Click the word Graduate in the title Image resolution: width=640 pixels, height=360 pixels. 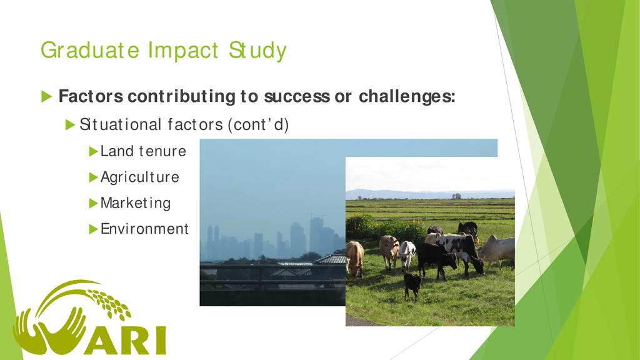click(x=90, y=51)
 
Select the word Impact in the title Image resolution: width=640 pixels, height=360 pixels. click(x=183, y=51)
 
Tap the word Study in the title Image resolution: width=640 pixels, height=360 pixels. click(x=257, y=51)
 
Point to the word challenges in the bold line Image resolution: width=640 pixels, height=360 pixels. click(x=407, y=97)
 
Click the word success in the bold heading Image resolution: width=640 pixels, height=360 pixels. click(x=297, y=97)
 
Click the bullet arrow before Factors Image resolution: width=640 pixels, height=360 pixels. click(x=46, y=97)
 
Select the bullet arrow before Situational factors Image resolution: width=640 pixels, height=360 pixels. click(x=70, y=124)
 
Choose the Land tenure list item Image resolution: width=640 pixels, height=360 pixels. click(x=143, y=151)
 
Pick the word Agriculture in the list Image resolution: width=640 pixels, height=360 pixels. click(x=139, y=177)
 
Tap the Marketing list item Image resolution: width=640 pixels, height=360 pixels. click(x=136, y=203)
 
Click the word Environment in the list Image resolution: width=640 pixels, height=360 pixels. click(x=144, y=229)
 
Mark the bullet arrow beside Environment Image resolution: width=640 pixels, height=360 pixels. click(x=94, y=229)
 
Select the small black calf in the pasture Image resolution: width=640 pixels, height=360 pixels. click(x=412, y=285)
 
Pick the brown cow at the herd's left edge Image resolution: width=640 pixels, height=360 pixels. click(x=355, y=258)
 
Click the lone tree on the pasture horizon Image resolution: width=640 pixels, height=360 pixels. click(x=456, y=196)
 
